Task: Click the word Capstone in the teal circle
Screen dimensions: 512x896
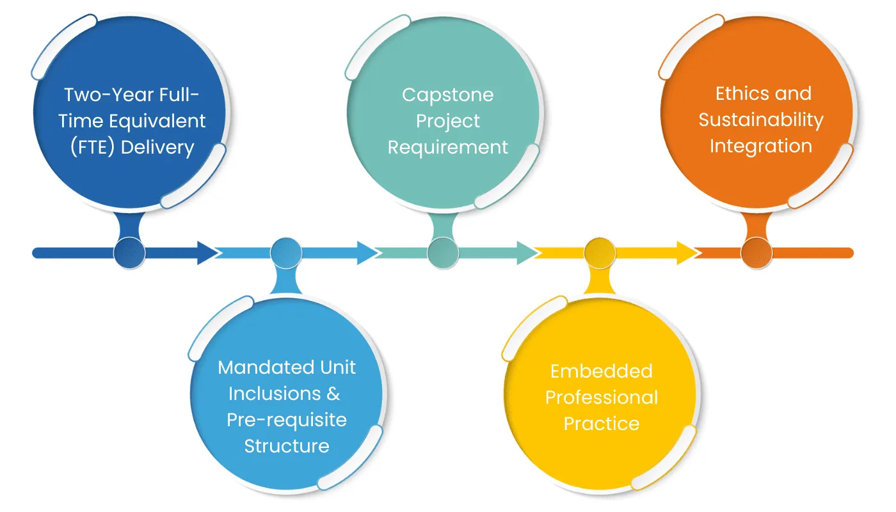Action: pos(447,95)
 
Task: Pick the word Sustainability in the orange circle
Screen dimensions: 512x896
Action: pos(760,120)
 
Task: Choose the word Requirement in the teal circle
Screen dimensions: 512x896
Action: pos(447,147)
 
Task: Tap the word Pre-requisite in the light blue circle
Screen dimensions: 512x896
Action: pos(287,420)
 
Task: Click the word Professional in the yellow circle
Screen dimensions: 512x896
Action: pos(601,397)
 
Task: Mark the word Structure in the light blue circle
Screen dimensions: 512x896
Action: pos(287,445)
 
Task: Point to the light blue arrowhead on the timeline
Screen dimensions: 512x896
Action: pos(368,253)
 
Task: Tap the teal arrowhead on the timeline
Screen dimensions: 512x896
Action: pos(528,253)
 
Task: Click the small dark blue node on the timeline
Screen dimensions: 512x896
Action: pos(129,253)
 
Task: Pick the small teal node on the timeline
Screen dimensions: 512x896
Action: pos(443,253)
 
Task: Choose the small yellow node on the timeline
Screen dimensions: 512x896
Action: pos(600,253)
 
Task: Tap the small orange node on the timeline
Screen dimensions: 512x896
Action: pos(757,253)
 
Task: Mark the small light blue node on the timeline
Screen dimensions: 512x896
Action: pos(286,253)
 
